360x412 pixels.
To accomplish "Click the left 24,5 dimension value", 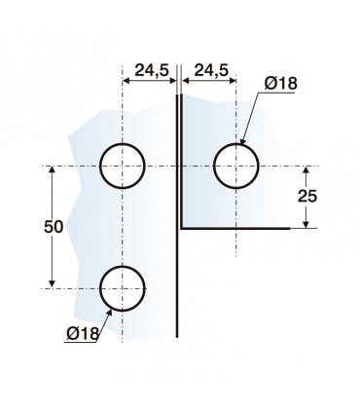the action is coord(152,70).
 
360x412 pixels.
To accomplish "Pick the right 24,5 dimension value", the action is coord(211,70).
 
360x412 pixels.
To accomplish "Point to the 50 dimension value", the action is coord(54,227).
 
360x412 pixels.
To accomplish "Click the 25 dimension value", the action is coord(307,197).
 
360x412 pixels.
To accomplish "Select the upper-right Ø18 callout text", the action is coord(280,84).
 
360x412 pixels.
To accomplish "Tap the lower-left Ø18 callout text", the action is coord(83,333).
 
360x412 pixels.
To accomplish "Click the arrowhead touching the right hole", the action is coord(243,140).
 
